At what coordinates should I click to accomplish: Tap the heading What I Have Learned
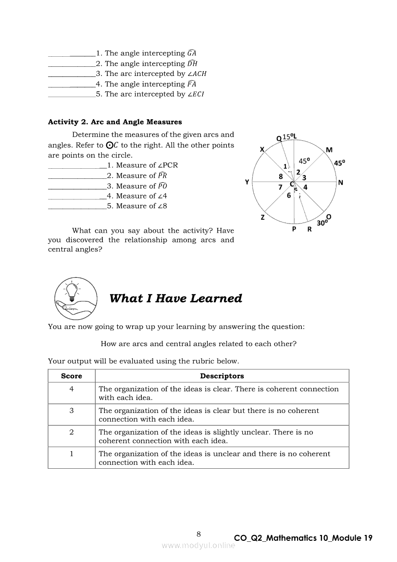175,299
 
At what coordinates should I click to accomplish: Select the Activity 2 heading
115,122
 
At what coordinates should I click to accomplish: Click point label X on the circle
262,150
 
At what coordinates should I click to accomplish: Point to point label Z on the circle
262,218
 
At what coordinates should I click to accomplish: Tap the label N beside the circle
341,183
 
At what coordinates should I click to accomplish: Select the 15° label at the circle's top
287,137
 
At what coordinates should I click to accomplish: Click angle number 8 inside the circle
281,176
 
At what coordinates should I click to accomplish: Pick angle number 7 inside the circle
280,187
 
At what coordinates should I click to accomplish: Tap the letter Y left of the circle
247,182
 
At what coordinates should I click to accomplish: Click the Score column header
72,376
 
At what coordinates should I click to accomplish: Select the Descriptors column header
222,376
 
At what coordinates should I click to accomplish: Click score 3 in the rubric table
72,411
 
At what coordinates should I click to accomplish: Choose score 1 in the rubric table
72,453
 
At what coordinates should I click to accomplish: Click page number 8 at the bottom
198,534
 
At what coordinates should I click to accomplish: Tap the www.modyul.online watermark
198,545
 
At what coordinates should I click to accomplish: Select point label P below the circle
294,229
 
